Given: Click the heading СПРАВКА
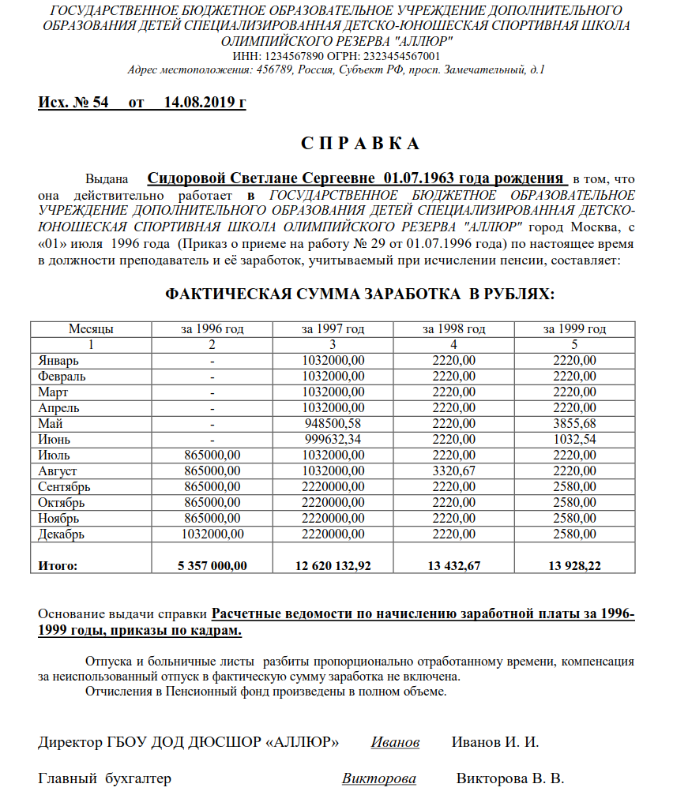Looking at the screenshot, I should tap(359, 144).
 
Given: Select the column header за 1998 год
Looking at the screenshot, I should tap(453, 329).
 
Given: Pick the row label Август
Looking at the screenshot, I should tap(58, 471).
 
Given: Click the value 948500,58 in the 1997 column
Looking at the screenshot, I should tap(333, 424).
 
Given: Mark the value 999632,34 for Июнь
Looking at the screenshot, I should tap(333, 440).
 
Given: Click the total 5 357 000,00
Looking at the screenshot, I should tap(212, 566).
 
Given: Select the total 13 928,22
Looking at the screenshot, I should tap(574, 566).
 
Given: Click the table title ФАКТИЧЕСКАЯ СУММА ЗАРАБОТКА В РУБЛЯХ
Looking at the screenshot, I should tap(359, 294).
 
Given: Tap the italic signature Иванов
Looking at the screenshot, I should tap(395, 743).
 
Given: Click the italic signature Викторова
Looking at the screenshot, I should tap(379, 779).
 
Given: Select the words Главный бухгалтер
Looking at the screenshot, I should tap(104, 779).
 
